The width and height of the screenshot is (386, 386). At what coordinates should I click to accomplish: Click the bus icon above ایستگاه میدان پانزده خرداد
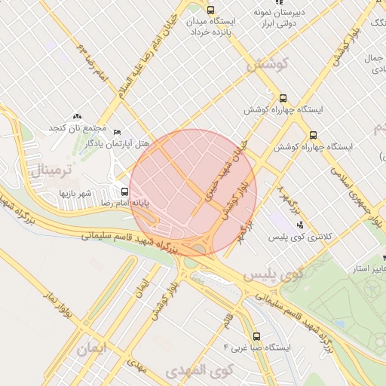(x=210, y=11)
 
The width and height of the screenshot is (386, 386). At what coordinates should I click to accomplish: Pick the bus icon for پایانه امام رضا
(x=124, y=191)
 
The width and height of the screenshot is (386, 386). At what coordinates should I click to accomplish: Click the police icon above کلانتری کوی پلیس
(x=300, y=225)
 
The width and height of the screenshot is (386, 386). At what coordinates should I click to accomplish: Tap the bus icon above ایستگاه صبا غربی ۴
(x=256, y=336)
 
